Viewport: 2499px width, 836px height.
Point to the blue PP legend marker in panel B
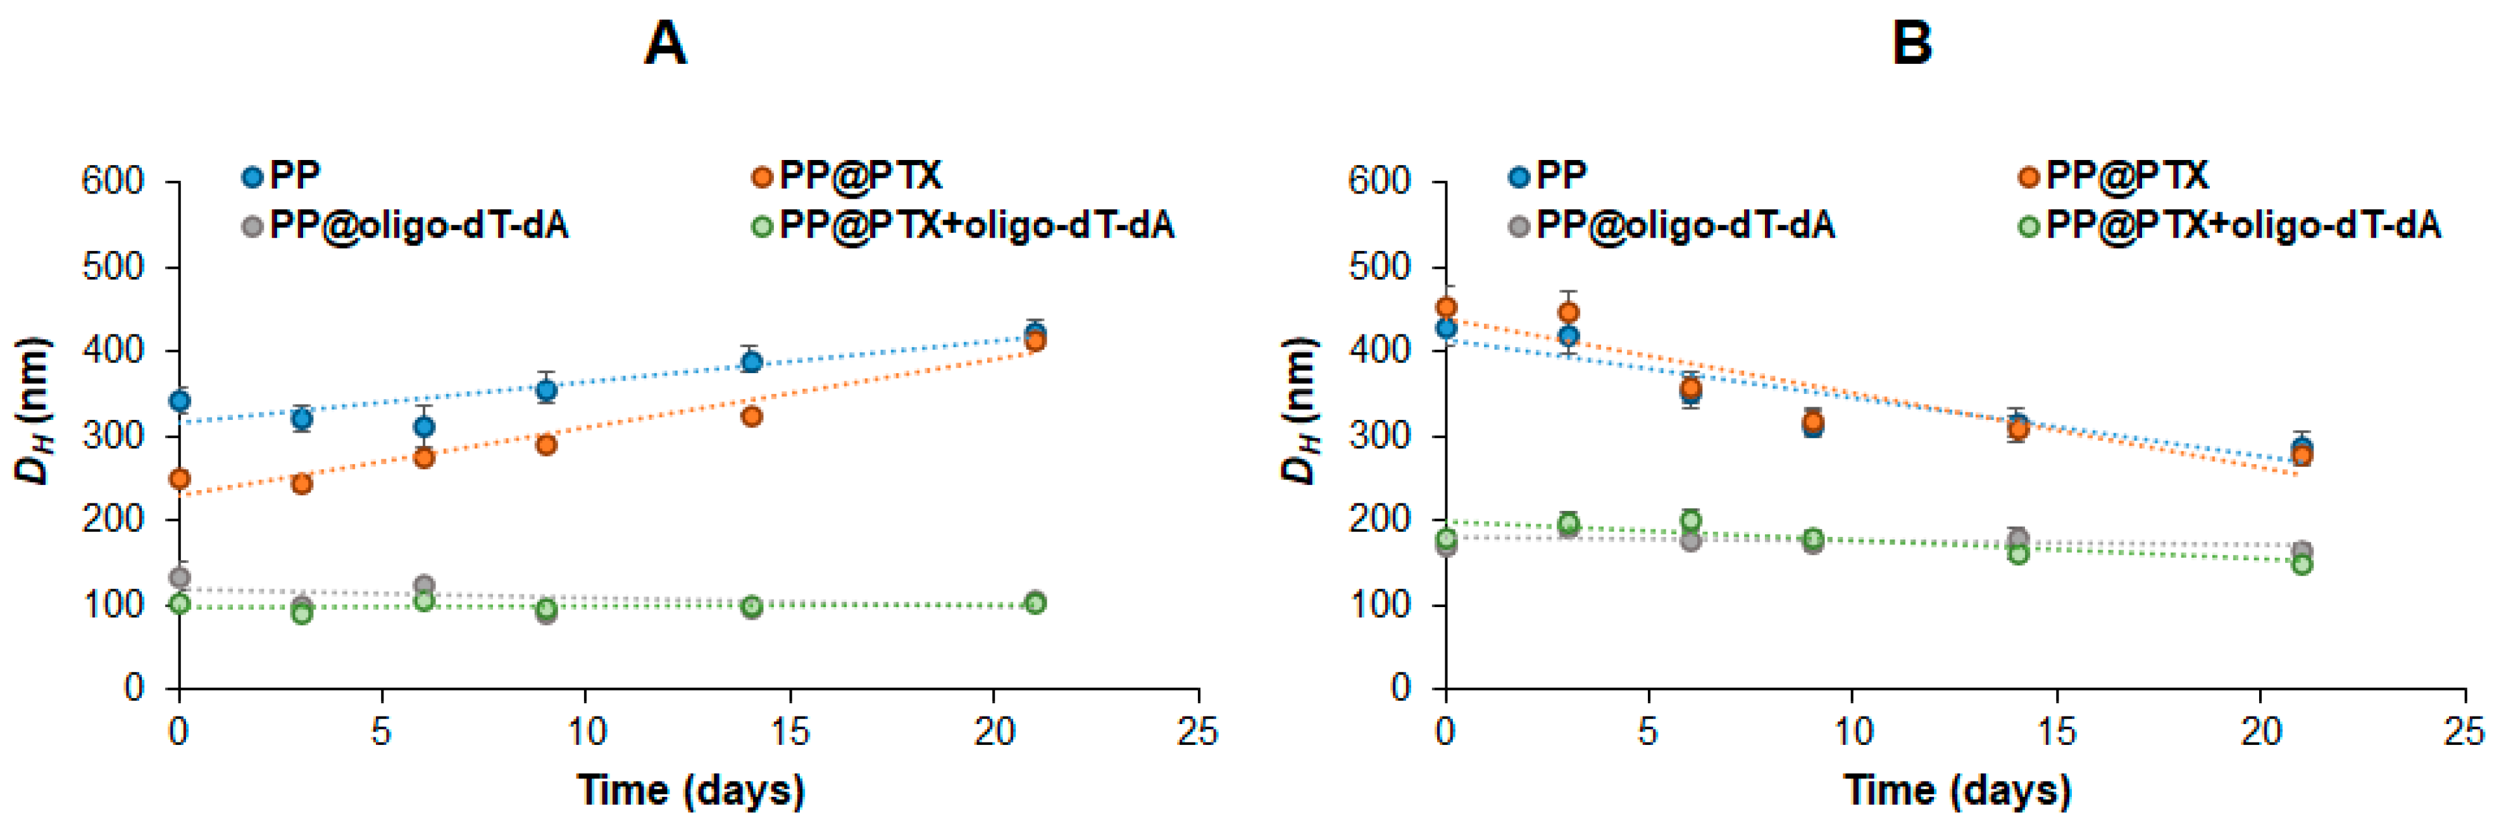coord(1519,176)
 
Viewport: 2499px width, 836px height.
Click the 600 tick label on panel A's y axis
coord(113,181)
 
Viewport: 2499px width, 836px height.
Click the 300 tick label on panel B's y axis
coord(1380,436)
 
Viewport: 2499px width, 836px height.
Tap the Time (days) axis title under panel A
coord(690,790)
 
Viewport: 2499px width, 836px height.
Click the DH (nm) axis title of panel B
coord(1300,410)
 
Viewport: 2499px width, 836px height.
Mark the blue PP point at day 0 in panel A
coord(180,400)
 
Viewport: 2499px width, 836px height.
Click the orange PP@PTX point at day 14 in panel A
coord(751,416)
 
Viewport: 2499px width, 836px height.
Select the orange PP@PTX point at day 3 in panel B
coord(1567,312)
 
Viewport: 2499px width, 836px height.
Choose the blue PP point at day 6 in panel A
coord(424,427)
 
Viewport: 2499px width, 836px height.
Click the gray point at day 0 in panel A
coord(180,578)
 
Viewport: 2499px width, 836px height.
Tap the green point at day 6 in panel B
coord(1691,520)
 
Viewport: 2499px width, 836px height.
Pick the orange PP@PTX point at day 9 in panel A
coord(546,444)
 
